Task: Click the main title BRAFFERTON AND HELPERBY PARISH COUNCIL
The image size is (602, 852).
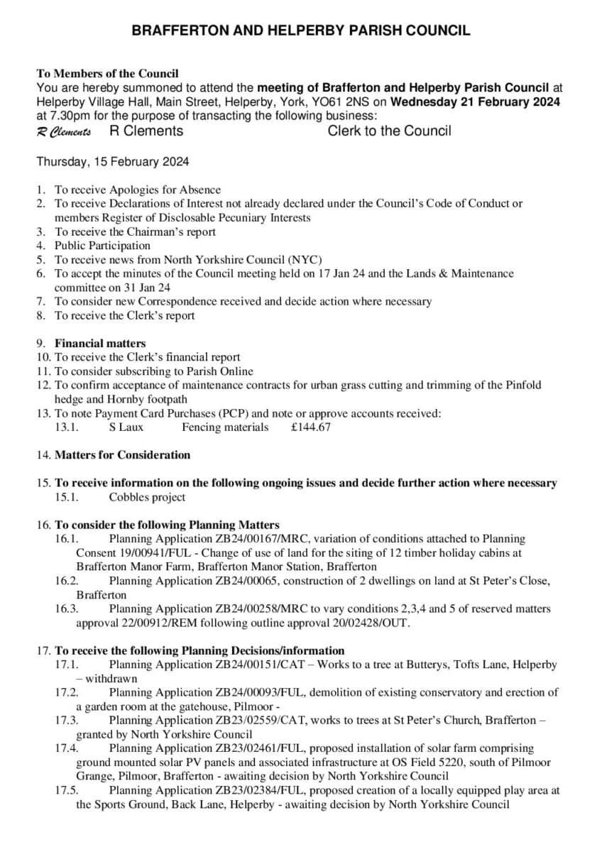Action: click(301, 31)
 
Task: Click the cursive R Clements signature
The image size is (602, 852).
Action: click(63, 132)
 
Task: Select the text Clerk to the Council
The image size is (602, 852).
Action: click(389, 131)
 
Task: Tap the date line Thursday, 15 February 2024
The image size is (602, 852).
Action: click(113, 162)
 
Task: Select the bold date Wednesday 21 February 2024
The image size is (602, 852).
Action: click(476, 102)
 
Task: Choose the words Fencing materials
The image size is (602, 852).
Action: click(225, 427)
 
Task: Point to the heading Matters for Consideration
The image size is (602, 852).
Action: click(122, 455)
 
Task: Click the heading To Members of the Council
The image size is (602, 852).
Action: click(107, 73)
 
